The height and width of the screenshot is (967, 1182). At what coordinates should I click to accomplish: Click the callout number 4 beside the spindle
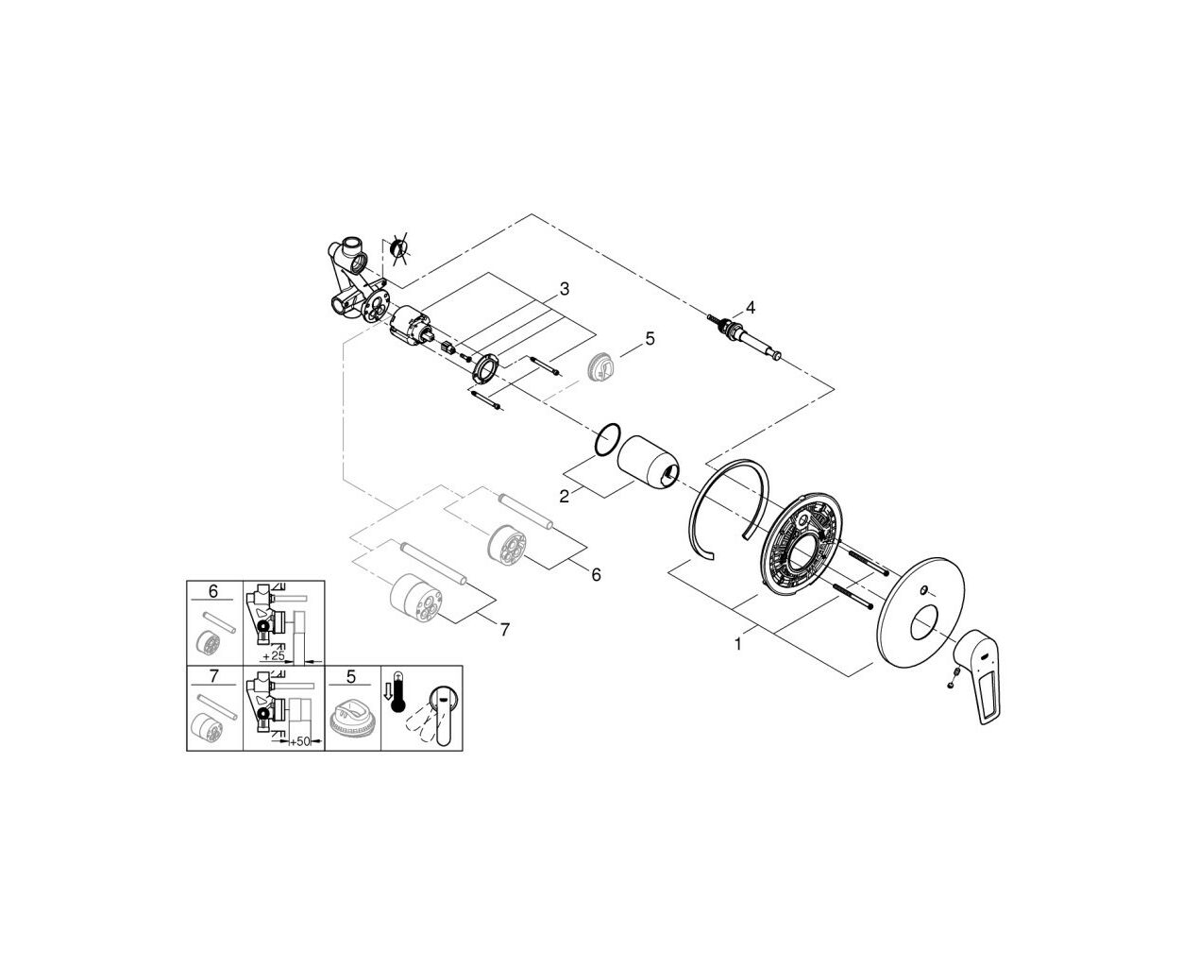click(750, 307)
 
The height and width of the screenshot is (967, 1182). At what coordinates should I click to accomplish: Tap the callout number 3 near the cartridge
click(565, 289)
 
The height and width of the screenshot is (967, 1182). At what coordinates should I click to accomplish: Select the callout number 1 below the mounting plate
click(738, 644)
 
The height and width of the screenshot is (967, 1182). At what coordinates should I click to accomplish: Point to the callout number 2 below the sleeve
click(565, 496)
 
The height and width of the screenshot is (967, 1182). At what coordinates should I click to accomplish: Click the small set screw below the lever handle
click(950, 685)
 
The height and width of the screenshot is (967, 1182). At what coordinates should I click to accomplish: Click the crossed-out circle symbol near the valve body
click(399, 247)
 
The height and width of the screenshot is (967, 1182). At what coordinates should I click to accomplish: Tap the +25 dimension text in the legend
click(273, 655)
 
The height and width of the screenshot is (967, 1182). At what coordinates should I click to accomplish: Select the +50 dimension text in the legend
click(300, 741)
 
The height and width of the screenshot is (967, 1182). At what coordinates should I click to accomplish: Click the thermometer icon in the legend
click(397, 692)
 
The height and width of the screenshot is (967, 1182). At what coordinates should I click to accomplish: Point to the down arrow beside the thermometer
click(386, 693)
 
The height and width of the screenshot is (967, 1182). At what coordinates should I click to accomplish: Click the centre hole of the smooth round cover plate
click(924, 623)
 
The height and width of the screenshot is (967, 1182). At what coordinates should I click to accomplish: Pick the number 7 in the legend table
click(213, 677)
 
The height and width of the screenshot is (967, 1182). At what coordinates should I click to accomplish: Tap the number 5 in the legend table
click(351, 677)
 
